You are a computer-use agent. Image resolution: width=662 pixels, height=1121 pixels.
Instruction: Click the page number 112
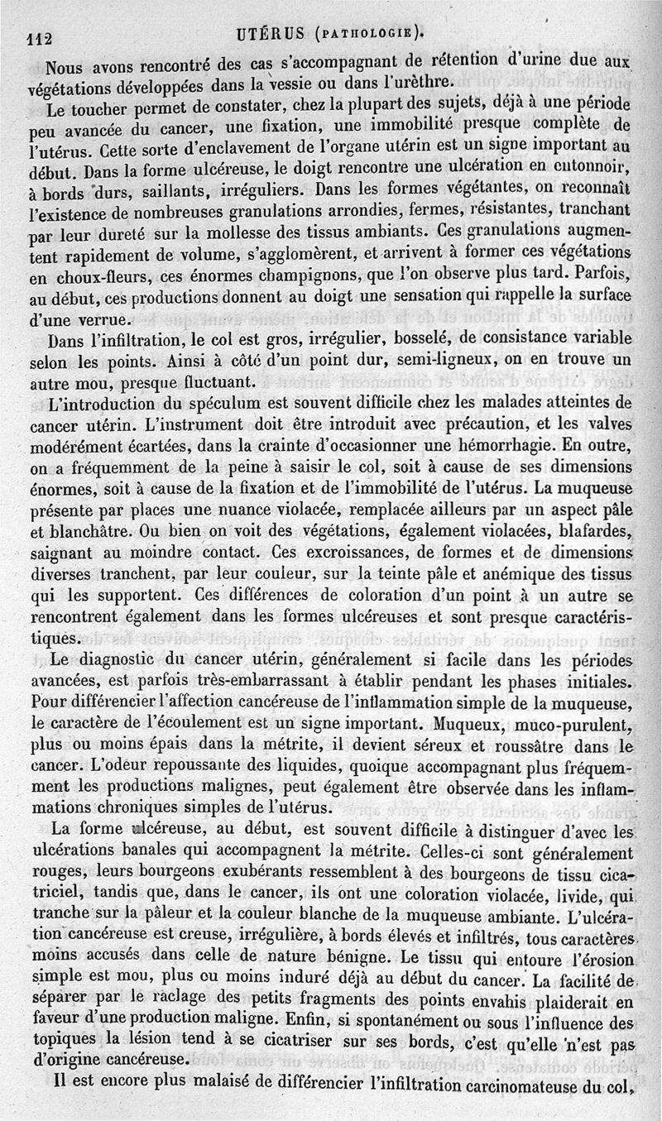[41, 37]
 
